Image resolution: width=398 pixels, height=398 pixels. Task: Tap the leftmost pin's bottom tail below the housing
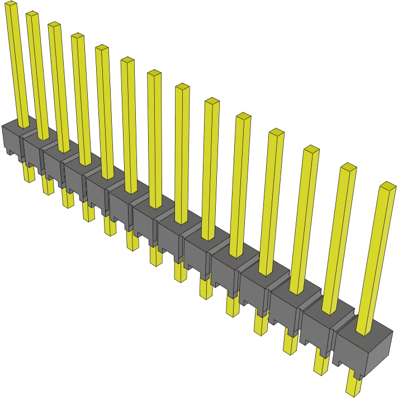pos(29,173)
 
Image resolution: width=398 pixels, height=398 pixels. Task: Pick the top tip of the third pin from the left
pos(54,25)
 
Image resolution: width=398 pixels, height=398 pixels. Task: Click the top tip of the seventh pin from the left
pos(154,73)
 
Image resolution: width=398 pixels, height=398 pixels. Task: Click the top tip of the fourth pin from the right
pos(276,132)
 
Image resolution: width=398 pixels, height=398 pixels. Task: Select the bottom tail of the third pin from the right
pos(291,341)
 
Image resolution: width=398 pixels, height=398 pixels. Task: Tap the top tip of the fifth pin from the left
pos(102,48)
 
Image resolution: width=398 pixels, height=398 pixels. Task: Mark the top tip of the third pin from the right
pos(311,149)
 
